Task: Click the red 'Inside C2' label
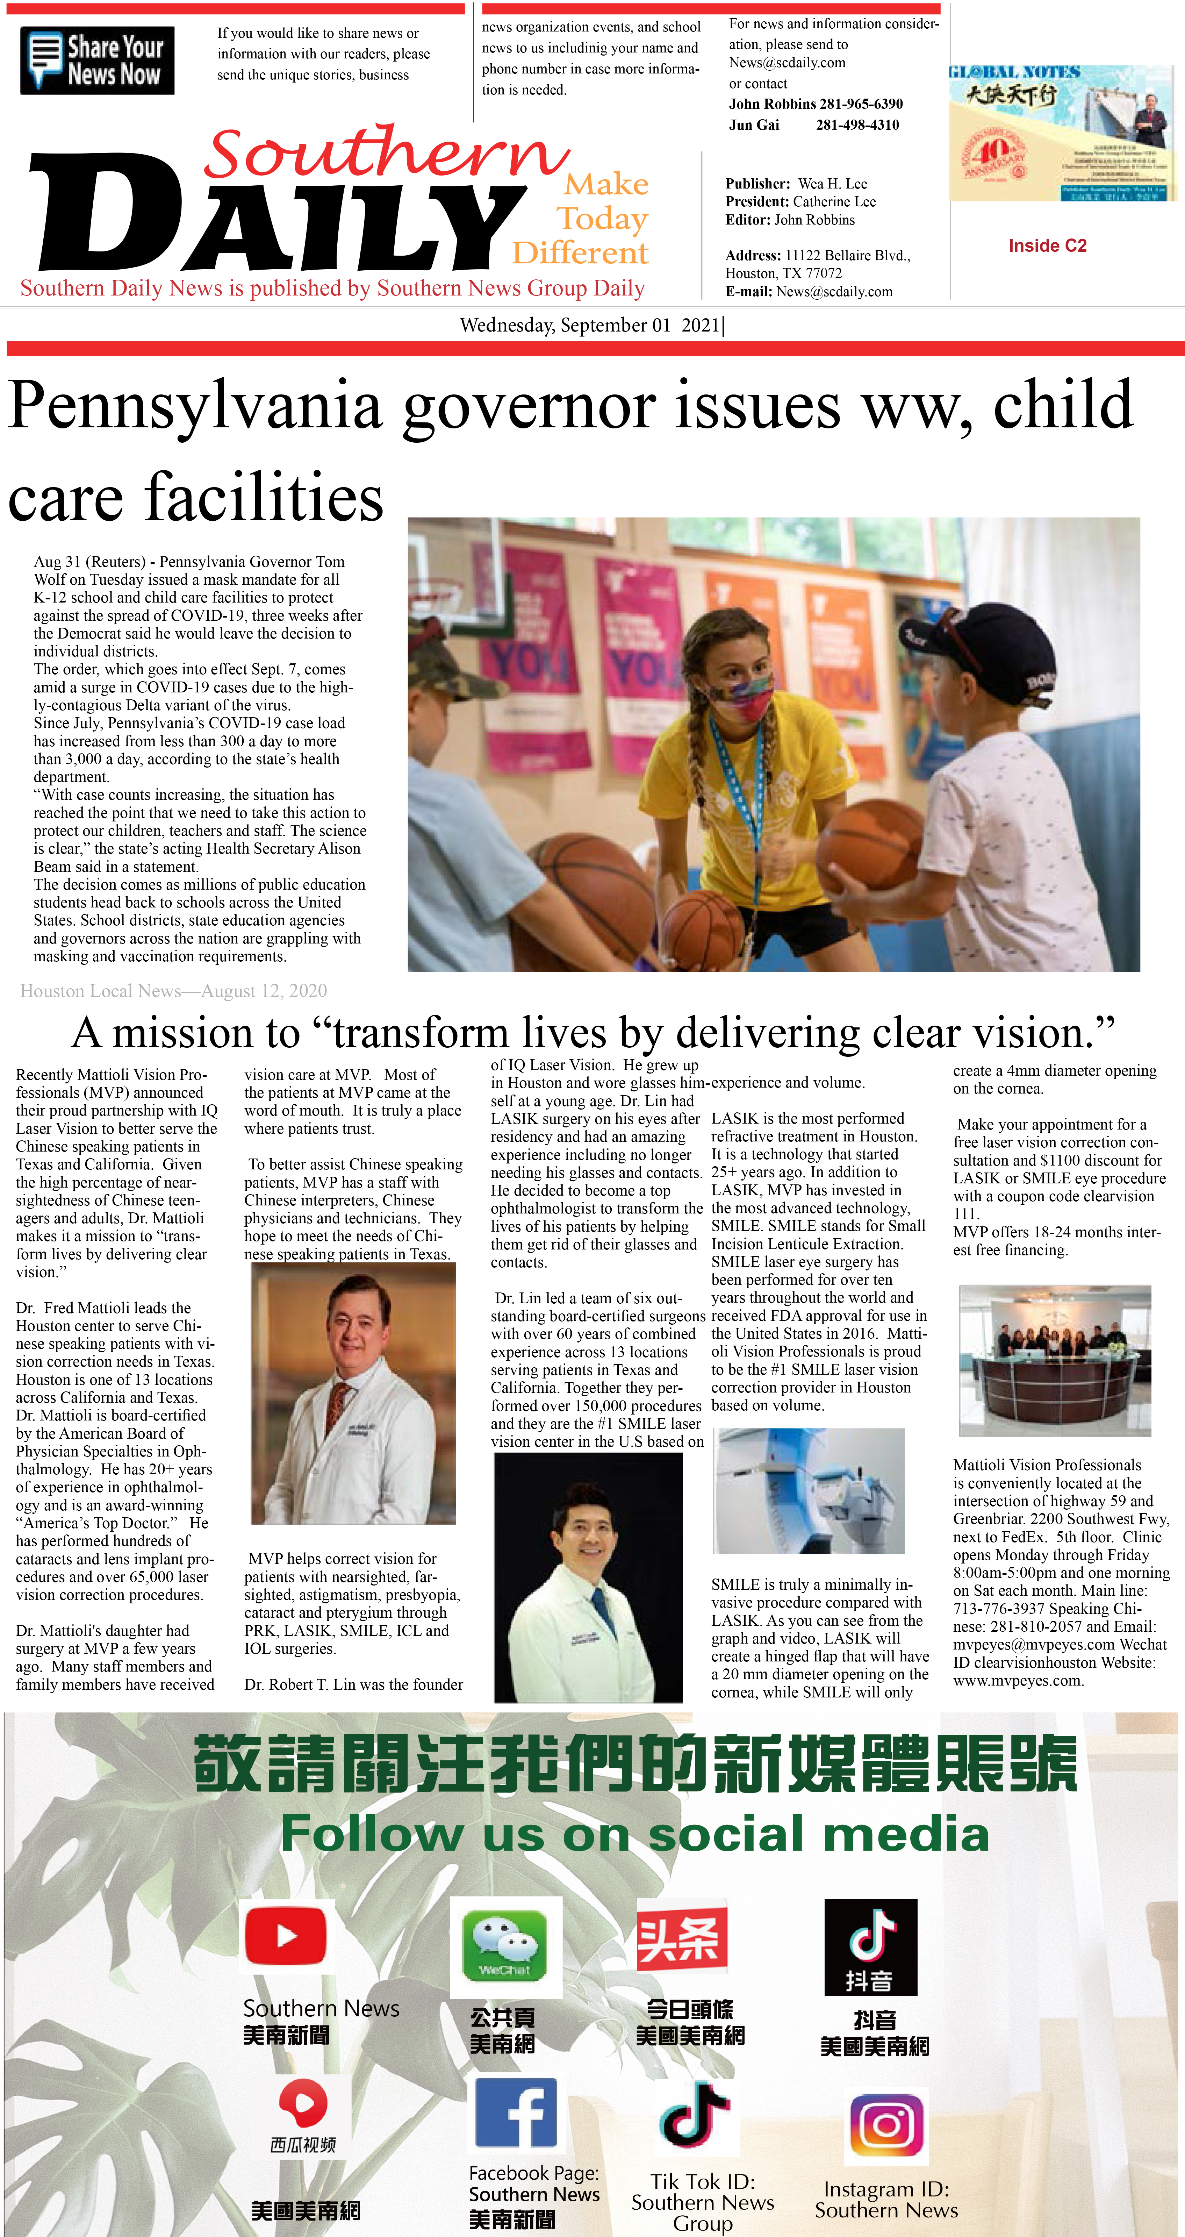(x=1047, y=246)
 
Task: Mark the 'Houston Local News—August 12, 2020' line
(x=174, y=991)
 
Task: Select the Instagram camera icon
(x=885, y=2126)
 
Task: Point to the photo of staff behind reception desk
(x=1054, y=1360)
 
